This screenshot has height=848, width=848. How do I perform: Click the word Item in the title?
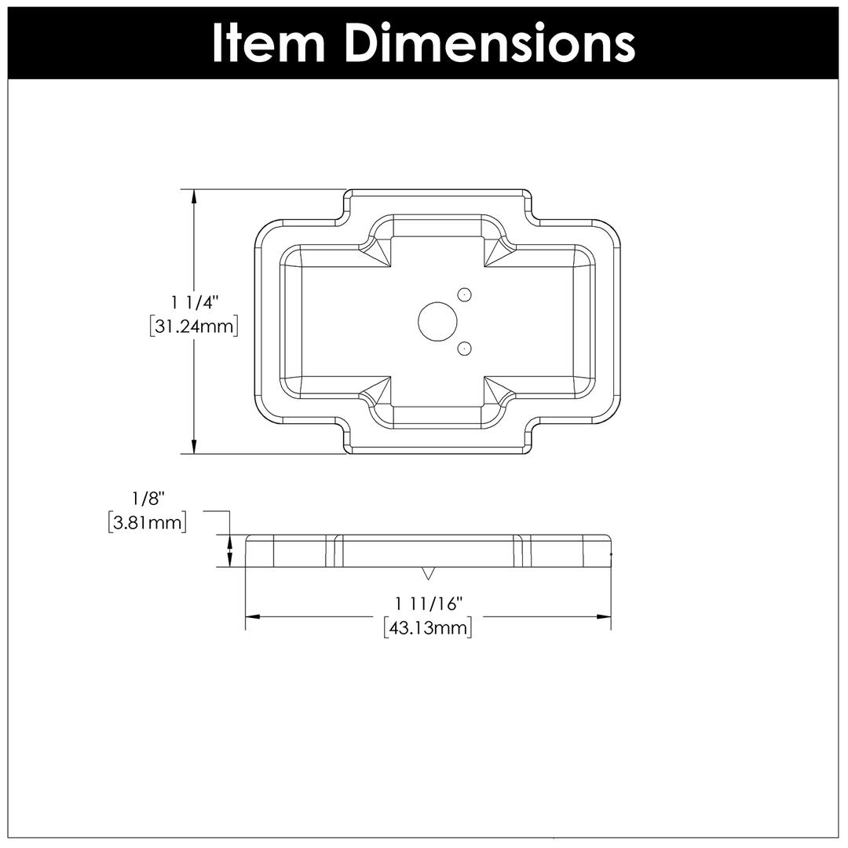tap(269, 43)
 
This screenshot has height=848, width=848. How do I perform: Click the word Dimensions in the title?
tap(490, 43)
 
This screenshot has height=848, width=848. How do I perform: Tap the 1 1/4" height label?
tap(194, 303)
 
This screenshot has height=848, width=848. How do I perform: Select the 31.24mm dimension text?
tap(194, 327)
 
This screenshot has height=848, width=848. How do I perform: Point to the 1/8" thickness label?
tap(148, 498)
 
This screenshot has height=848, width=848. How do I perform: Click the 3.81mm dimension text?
tap(147, 522)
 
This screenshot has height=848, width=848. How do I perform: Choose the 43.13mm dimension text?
tap(427, 628)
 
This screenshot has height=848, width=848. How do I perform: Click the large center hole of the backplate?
tap(437, 322)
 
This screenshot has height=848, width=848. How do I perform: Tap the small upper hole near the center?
tap(464, 294)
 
